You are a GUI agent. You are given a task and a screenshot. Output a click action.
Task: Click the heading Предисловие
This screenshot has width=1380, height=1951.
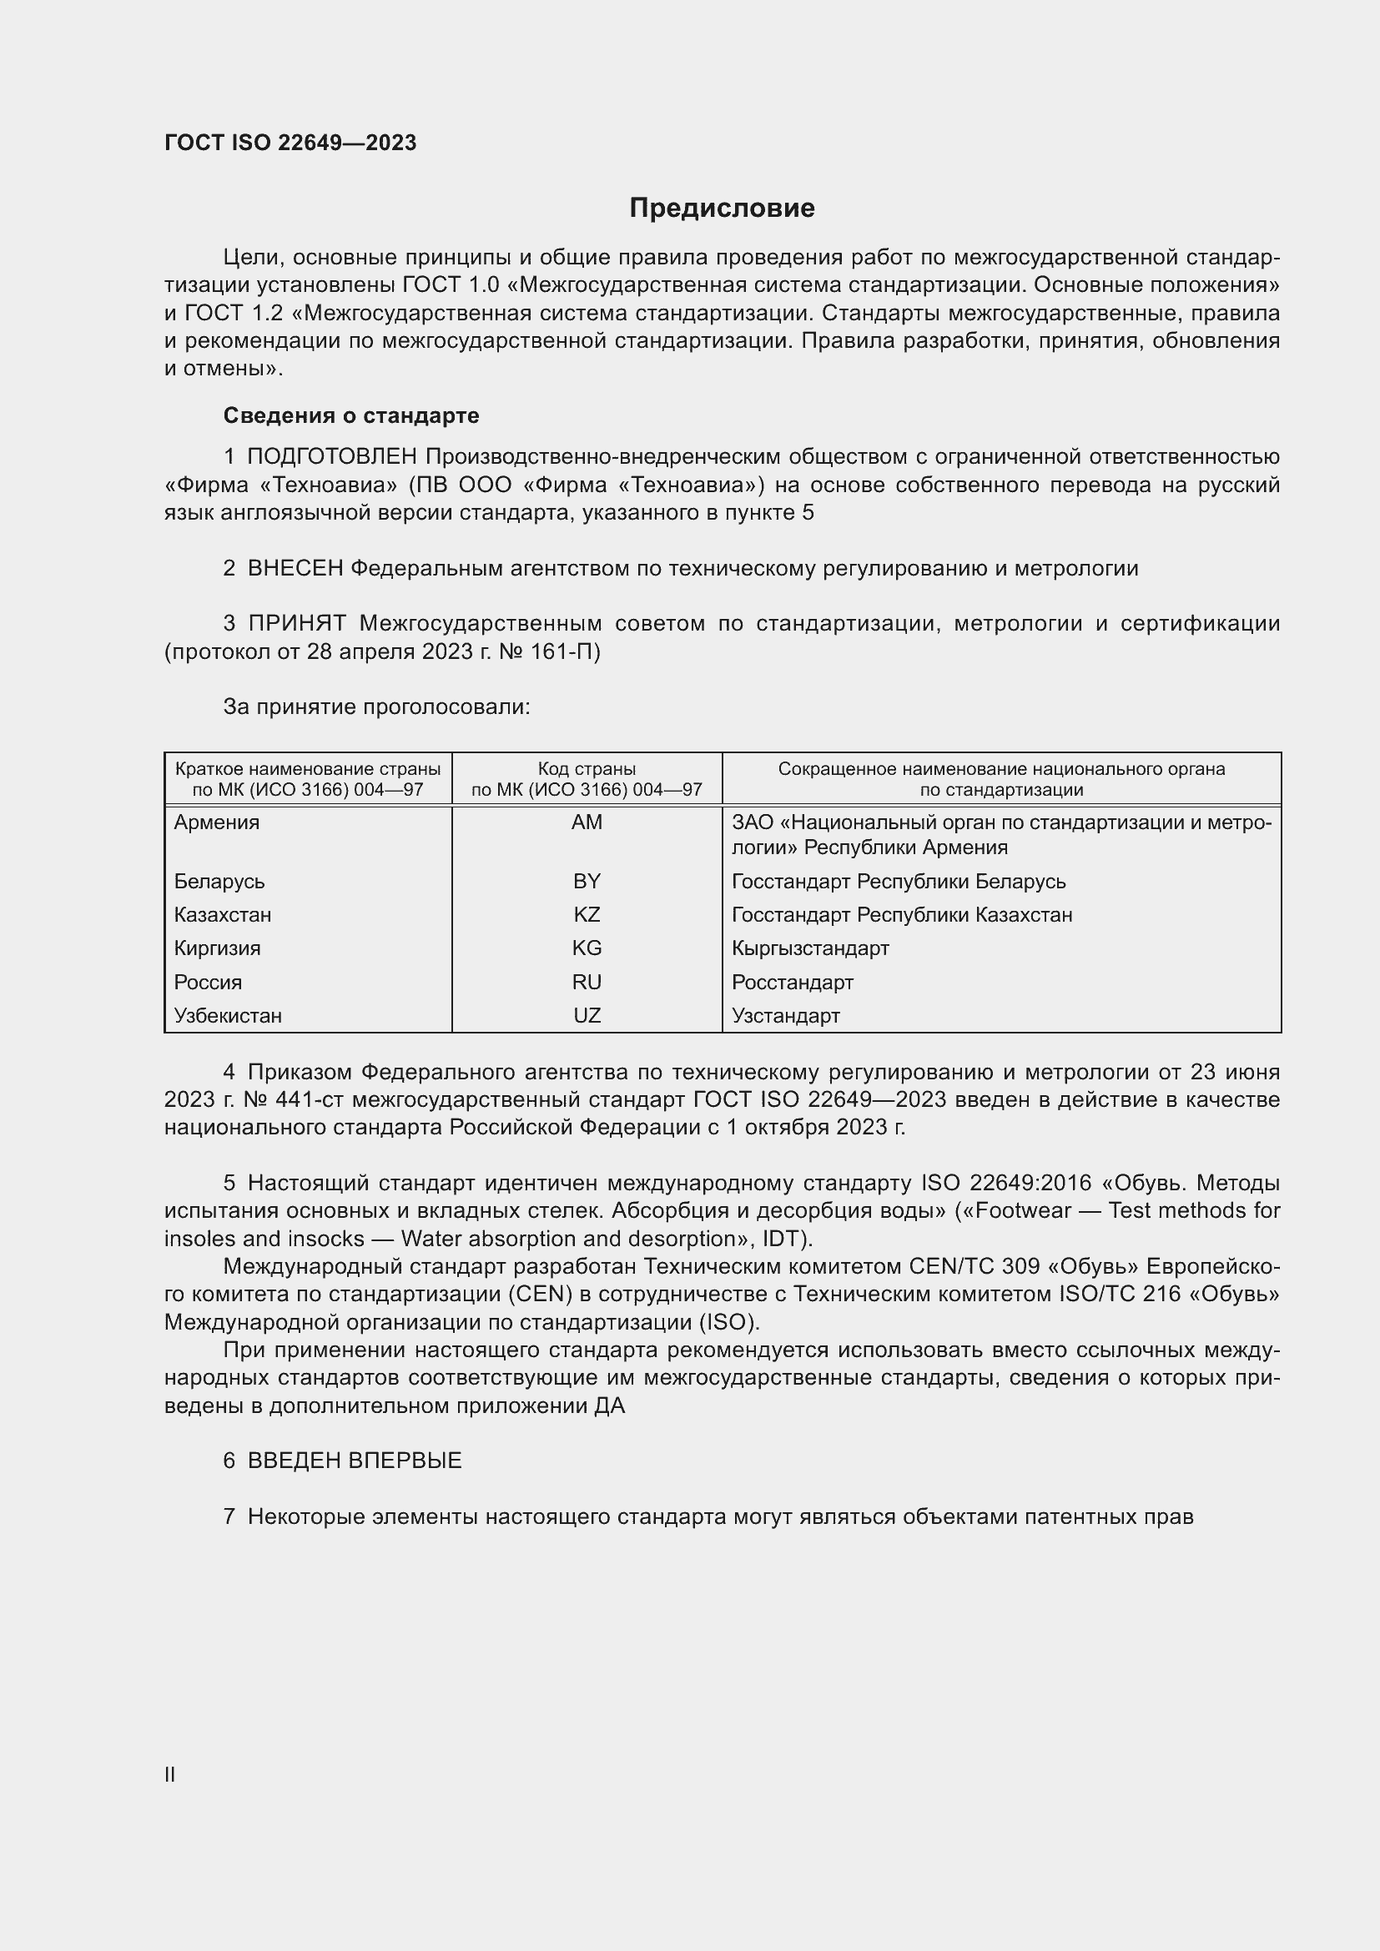[x=722, y=209]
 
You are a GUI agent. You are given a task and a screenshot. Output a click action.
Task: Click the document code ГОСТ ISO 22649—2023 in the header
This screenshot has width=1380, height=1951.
[x=290, y=143]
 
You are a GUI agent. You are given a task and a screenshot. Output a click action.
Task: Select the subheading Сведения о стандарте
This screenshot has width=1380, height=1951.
[x=351, y=415]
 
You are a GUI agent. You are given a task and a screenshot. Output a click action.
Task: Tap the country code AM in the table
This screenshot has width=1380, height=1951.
[x=587, y=822]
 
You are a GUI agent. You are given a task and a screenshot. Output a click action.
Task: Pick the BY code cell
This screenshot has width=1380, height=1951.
[x=587, y=881]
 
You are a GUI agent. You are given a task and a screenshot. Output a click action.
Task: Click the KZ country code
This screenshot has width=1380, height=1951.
[x=587, y=914]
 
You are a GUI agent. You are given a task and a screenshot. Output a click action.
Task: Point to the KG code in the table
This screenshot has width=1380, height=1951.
[x=587, y=948]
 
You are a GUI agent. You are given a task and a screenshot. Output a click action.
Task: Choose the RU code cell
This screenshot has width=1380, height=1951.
[x=587, y=982]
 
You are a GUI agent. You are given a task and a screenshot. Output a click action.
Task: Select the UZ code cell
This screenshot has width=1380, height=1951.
[x=587, y=1014]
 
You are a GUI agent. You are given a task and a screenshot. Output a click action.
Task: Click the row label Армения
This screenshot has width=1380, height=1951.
[x=217, y=822]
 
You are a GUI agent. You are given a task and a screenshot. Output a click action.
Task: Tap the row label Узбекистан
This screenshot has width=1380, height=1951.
[x=228, y=1015]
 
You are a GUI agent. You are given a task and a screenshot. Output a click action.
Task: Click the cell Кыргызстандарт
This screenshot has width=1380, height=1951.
[x=810, y=948]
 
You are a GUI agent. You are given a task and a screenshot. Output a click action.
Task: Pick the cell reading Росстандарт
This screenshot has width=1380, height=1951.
[x=792, y=983]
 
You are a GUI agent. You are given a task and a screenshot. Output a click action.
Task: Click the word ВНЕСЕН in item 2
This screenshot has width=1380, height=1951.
[x=295, y=569]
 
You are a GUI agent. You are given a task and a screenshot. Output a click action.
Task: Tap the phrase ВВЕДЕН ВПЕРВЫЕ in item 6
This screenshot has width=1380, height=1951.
[x=355, y=1461]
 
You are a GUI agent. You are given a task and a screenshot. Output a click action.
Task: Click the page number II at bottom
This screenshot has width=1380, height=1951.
[x=170, y=1774]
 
